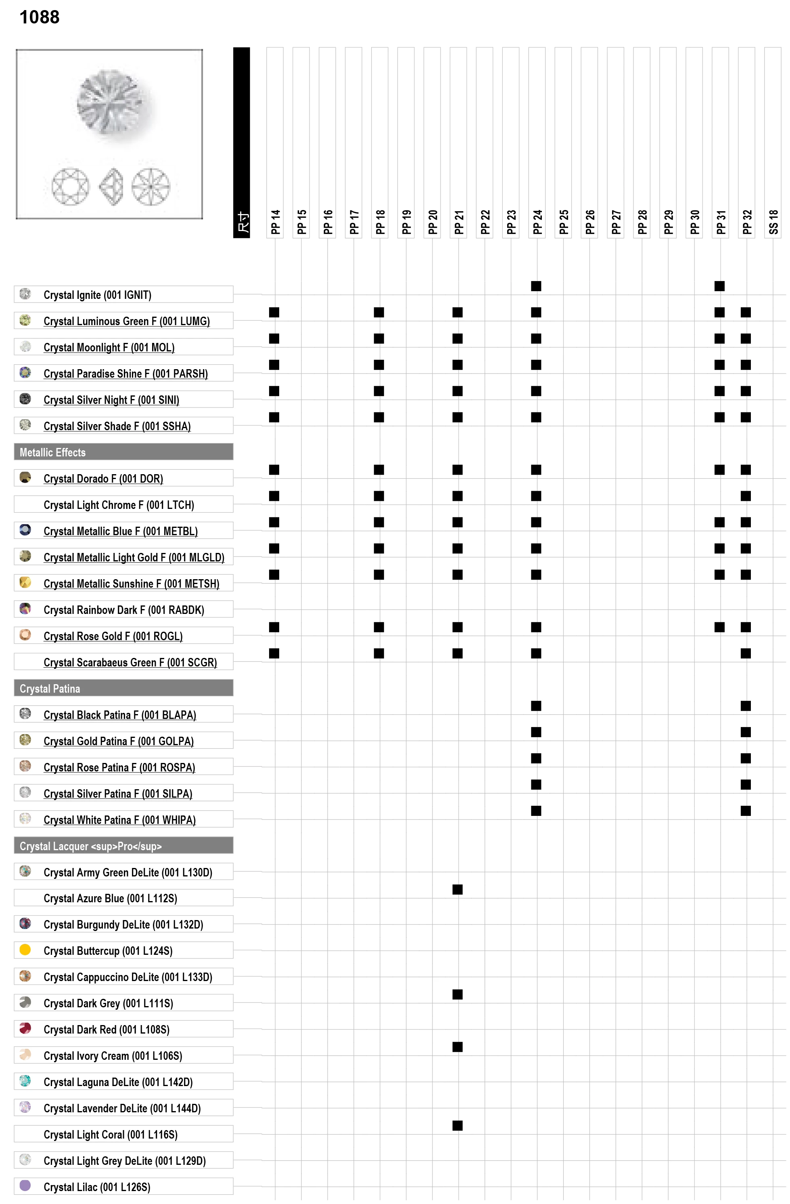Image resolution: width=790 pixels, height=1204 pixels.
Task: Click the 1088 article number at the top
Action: click(x=40, y=17)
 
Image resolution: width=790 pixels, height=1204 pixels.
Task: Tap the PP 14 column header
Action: click(x=275, y=222)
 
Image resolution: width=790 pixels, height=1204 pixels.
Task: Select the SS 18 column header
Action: click(x=773, y=222)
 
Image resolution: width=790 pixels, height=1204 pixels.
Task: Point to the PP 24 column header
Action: click(x=537, y=222)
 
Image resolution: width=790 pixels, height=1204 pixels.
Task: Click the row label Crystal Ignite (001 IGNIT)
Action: click(x=97, y=295)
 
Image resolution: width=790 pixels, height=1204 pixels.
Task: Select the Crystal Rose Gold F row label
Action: click(x=113, y=636)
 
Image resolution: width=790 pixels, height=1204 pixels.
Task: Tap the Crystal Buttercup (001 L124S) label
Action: click(x=108, y=950)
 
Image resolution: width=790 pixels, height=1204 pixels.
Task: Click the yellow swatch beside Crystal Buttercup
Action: click(x=25, y=950)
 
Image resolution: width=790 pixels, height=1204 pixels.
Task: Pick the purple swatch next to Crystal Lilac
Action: click(x=25, y=1185)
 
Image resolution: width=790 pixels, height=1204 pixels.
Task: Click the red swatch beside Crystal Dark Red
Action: click(x=25, y=1028)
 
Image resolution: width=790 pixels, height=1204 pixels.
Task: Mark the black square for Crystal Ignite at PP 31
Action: click(x=719, y=286)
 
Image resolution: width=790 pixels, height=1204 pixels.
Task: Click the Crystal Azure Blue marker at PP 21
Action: click(x=458, y=889)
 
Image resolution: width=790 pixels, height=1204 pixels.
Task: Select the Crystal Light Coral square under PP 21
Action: click(x=458, y=1126)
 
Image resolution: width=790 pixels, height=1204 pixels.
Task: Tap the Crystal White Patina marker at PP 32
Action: click(x=746, y=811)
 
